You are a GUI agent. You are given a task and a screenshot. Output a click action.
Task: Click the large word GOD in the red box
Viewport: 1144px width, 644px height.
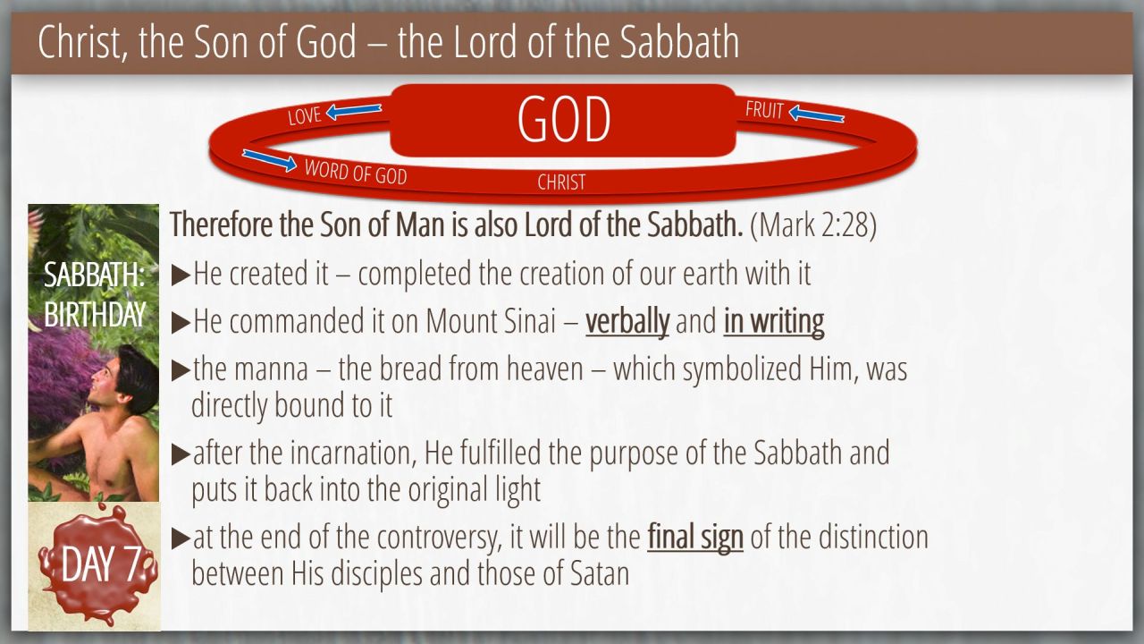pyautogui.click(x=564, y=119)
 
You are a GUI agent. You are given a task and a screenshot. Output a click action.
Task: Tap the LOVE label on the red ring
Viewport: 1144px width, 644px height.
pyautogui.click(x=305, y=116)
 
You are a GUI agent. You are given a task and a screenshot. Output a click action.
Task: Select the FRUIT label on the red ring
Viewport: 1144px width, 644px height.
pyautogui.click(x=764, y=110)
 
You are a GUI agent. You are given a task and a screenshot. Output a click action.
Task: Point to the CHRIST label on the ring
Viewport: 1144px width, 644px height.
pyautogui.click(x=561, y=182)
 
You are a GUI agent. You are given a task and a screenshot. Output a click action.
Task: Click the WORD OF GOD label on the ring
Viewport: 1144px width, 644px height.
pyautogui.click(x=356, y=173)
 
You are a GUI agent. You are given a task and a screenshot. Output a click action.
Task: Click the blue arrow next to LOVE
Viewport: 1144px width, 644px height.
pyautogui.click(x=354, y=111)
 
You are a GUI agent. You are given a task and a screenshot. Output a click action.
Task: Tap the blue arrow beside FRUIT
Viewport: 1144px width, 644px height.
pyautogui.click(x=816, y=114)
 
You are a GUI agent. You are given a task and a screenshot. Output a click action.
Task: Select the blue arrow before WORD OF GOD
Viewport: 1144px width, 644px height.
pyautogui.click(x=269, y=160)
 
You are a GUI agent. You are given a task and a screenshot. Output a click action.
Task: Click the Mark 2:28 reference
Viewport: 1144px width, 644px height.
pyautogui.click(x=813, y=225)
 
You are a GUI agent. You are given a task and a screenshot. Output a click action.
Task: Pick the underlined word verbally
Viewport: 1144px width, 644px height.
pyautogui.click(x=627, y=322)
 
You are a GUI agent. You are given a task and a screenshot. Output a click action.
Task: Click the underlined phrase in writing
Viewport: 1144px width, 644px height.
pyautogui.click(x=774, y=322)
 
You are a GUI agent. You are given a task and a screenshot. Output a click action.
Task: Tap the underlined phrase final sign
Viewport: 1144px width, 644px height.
pyautogui.click(x=695, y=538)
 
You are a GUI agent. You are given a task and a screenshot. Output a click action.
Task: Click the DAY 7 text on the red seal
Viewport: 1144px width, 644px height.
pyautogui.click(x=101, y=564)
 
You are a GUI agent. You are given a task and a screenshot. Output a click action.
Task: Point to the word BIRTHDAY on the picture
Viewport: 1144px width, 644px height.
pyautogui.click(x=95, y=314)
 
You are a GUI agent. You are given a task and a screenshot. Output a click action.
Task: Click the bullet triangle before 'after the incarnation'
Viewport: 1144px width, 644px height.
pyautogui.click(x=181, y=454)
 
